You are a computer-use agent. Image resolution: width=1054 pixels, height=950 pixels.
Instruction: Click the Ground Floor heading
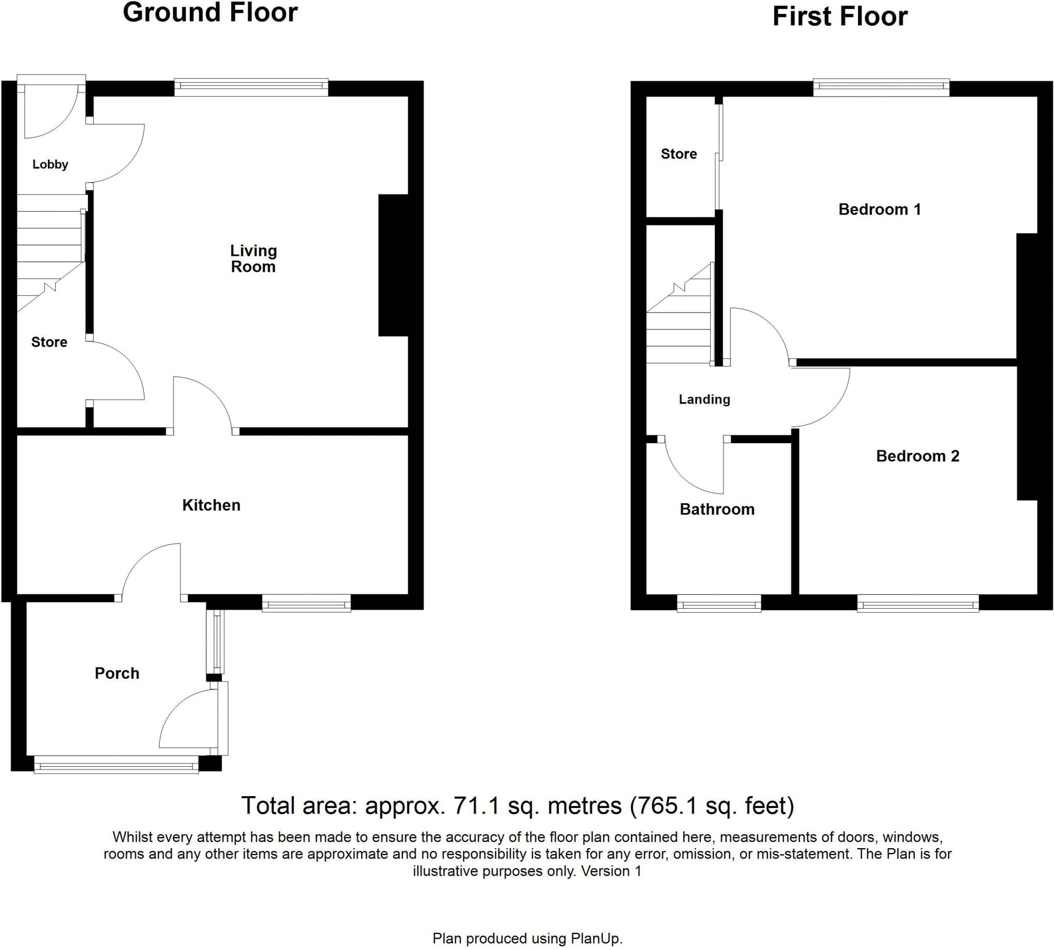[x=210, y=12]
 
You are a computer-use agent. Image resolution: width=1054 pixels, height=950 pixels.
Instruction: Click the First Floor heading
[x=839, y=16]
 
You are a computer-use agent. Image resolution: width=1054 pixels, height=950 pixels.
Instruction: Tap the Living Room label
[x=253, y=258]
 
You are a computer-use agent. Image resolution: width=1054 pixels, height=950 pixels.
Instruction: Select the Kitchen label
[x=211, y=505]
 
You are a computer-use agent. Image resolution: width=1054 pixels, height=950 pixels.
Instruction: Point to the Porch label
[x=117, y=673]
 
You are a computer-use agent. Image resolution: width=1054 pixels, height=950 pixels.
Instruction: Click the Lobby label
[x=50, y=165]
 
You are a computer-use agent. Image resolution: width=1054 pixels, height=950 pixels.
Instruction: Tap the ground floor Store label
[x=49, y=342]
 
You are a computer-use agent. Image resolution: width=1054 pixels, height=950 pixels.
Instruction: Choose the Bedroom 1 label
[x=879, y=209]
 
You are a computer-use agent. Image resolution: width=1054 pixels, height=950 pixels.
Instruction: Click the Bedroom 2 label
[x=917, y=455]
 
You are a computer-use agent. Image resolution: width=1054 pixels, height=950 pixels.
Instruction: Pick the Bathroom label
[x=717, y=509]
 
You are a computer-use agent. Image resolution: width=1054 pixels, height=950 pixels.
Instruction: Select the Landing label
[x=704, y=399]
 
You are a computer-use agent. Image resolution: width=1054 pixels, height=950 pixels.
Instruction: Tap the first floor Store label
[x=679, y=153]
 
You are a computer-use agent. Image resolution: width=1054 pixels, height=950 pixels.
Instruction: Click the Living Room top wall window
[x=251, y=87]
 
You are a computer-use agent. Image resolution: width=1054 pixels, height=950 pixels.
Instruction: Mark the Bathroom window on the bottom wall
[x=719, y=605]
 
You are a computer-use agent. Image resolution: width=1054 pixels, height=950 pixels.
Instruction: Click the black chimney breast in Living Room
[x=393, y=265]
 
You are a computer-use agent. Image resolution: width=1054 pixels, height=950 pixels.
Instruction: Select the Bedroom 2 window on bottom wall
[x=917, y=605]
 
